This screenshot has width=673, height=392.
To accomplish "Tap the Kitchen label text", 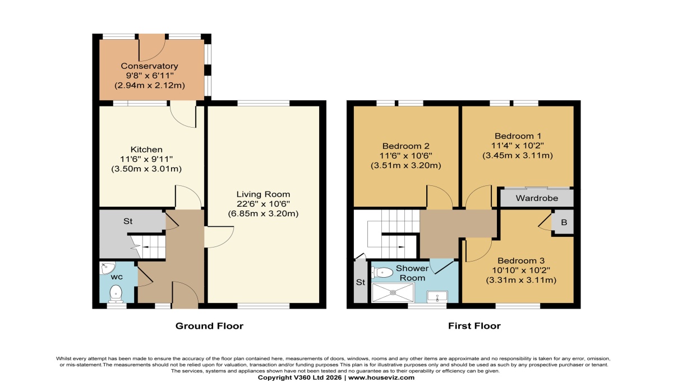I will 146,150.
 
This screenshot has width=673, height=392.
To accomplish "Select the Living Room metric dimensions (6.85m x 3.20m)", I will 264,213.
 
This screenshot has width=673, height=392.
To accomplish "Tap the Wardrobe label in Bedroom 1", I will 536,198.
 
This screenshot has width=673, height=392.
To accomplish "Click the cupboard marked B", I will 564,222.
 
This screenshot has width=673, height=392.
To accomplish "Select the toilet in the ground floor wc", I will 116,292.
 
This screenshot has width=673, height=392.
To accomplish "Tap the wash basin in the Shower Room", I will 437,295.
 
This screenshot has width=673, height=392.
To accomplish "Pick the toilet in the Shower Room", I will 382,273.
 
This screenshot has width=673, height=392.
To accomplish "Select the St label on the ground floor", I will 128,221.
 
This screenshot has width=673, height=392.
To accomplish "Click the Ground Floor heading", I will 209,325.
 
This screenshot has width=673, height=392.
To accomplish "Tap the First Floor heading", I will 474,325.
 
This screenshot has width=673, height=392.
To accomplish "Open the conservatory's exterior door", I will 151,47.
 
